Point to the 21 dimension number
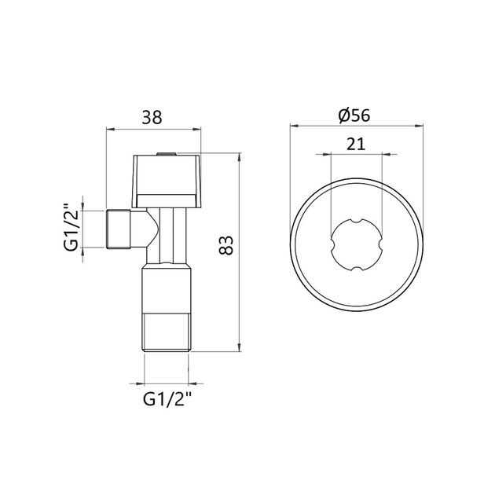click(x=354, y=144)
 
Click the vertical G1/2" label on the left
click(x=70, y=229)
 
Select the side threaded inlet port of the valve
click(x=118, y=229)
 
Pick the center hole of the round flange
click(x=355, y=247)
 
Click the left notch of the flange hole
click(x=332, y=247)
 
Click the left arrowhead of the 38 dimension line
click(x=109, y=129)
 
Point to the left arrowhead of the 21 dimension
click(x=332, y=154)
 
